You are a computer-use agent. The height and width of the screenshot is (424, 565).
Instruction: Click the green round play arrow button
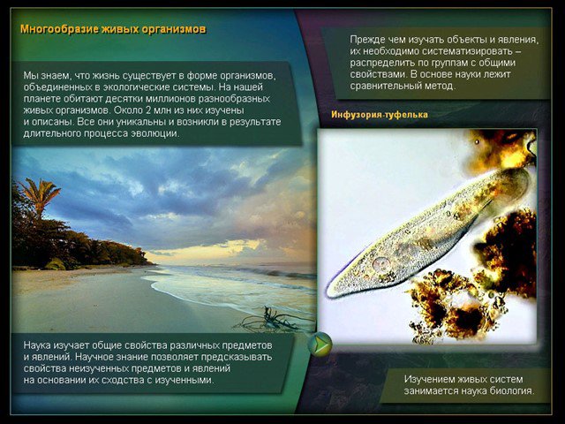pos(320,344)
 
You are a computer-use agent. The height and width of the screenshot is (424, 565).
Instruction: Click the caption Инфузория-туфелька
pos(380,115)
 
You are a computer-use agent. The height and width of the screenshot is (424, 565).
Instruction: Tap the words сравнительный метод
pos(403,86)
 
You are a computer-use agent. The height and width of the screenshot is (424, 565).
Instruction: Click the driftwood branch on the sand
pos(273,320)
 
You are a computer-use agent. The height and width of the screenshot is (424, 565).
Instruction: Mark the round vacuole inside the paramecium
pos(380,264)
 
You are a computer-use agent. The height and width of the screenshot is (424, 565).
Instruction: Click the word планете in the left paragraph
pos(40,99)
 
